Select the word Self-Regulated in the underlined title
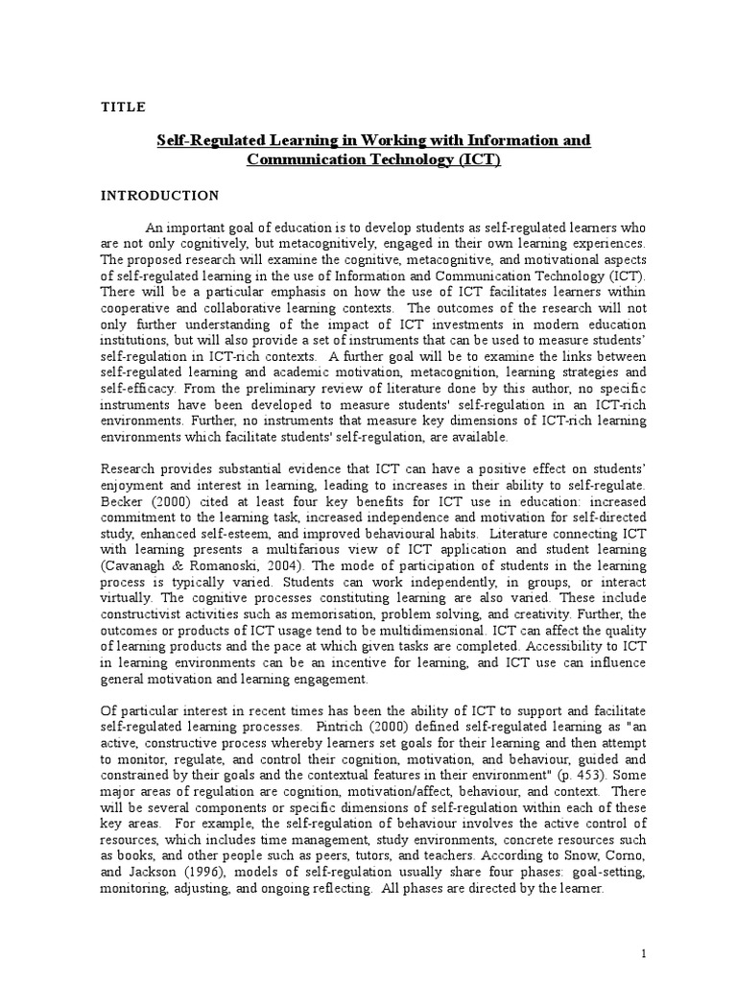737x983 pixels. [x=204, y=140]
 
